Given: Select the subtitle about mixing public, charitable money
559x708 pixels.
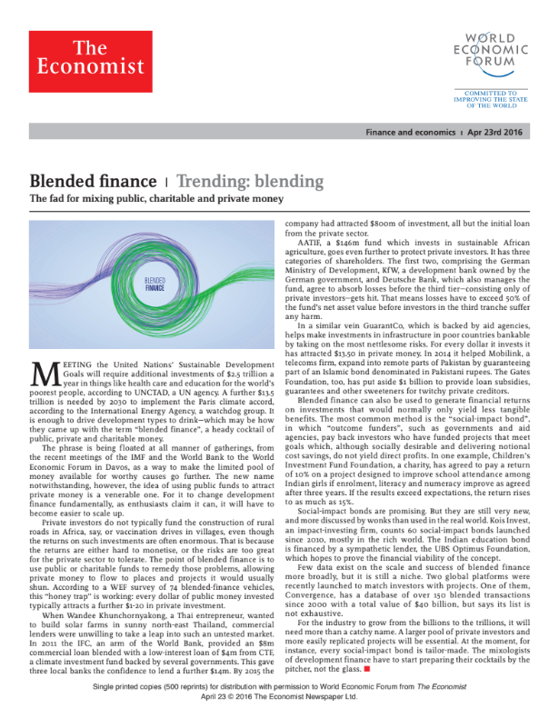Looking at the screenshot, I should (x=157, y=199).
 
